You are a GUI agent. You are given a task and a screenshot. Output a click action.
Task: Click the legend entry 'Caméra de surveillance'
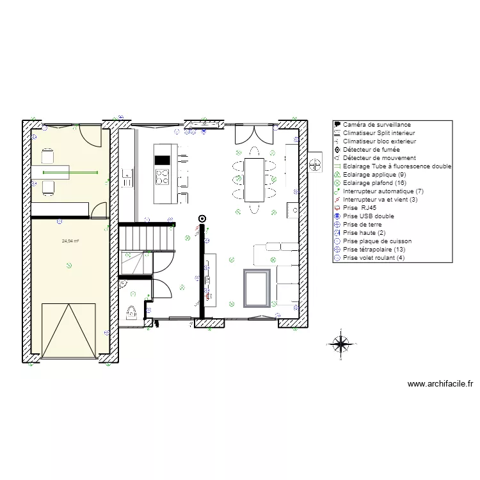pyautogui.click(x=376, y=125)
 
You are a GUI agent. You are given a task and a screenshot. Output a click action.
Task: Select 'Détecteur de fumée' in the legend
pyautogui.click(x=371, y=150)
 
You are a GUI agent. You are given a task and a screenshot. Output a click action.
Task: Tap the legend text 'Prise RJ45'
pyautogui.click(x=360, y=208)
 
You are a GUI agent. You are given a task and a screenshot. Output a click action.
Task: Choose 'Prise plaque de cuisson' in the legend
pyautogui.click(x=377, y=241)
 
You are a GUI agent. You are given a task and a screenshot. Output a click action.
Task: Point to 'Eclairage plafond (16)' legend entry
pyautogui.click(x=374, y=183)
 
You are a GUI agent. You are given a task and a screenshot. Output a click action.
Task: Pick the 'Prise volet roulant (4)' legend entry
pyautogui.click(x=374, y=258)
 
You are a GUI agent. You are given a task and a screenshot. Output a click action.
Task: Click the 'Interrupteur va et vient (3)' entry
pyautogui.click(x=380, y=200)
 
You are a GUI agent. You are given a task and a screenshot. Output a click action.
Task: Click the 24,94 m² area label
pyautogui.click(x=70, y=241)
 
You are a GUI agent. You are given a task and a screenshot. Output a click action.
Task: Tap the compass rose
pyautogui.click(x=342, y=344)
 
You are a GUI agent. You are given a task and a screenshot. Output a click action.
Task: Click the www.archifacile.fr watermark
pyautogui.click(x=440, y=385)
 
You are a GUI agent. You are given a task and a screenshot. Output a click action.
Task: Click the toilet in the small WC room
pyautogui.click(x=133, y=313)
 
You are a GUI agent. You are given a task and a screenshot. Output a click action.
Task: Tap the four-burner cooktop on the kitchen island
pyautogui.click(x=163, y=176)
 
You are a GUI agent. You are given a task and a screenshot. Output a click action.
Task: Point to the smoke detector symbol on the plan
pyautogui.click(x=203, y=218)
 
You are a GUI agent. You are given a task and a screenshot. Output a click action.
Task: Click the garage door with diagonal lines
pyautogui.click(x=68, y=330)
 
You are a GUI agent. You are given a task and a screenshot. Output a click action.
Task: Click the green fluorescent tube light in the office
pyautogui.click(x=70, y=172)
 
